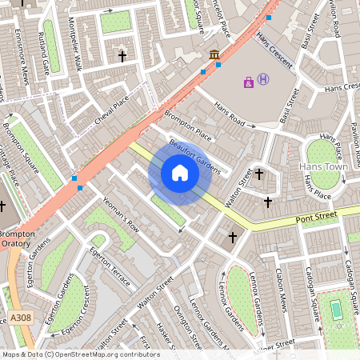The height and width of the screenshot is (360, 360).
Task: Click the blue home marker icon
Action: tap(180, 173)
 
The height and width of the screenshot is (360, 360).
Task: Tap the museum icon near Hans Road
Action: tap(214, 54)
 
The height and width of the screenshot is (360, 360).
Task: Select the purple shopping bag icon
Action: tap(249, 82)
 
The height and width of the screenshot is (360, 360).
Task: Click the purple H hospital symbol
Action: tap(263, 80)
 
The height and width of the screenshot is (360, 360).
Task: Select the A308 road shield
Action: tap(22, 318)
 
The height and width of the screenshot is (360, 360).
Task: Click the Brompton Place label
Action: tap(189, 126)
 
